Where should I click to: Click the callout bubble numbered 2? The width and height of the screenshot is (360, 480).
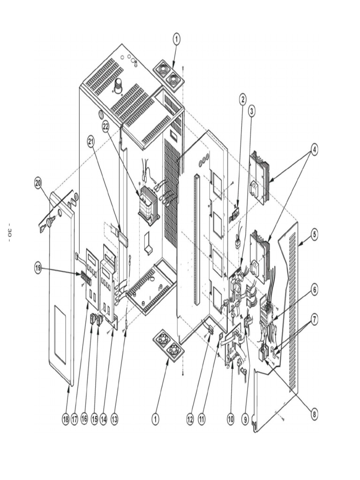click(x=242, y=99)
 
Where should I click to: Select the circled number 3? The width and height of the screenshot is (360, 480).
click(x=252, y=111)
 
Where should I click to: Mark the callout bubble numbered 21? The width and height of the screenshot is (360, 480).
click(x=91, y=140)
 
